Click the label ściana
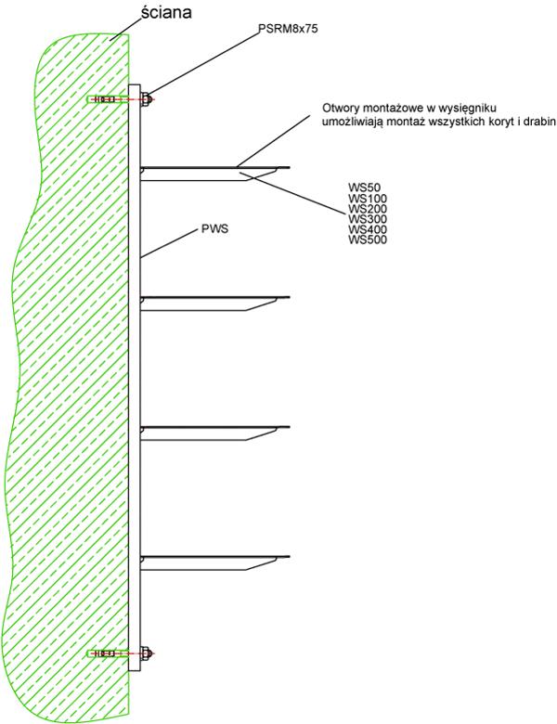(166, 12)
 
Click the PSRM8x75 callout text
(288, 29)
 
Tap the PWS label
(215, 228)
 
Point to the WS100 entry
(368, 198)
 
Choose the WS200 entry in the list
(368, 208)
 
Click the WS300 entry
(368, 218)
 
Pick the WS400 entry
(368, 229)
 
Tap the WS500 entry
(368, 239)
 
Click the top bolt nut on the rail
(146, 99)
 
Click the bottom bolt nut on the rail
(146, 653)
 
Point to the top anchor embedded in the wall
(107, 99)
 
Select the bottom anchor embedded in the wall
(107, 653)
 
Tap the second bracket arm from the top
(214, 302)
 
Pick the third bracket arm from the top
(214, 432)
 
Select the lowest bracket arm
(214, 562)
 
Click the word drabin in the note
(540, 122)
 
